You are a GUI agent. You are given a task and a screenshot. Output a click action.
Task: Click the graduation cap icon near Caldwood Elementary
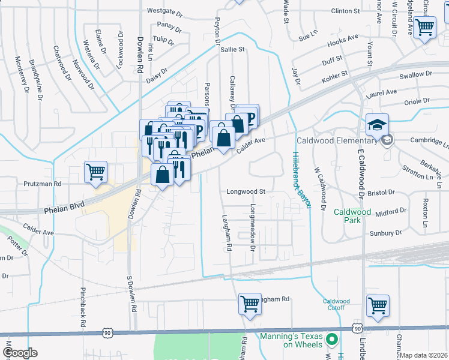click(377, 124)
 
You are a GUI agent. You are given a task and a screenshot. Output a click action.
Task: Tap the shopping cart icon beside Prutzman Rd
click(96, 172)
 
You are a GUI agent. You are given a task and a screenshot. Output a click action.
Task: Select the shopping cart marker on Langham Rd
click(250, 304)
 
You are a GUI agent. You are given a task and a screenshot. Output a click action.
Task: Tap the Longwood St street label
click(246, 192)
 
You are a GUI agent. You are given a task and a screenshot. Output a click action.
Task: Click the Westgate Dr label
click(164, 11)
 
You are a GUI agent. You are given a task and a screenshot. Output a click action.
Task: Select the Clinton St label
click(345, 11)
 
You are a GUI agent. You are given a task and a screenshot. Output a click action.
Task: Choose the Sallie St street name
click(233, 50)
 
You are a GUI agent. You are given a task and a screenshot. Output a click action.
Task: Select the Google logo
click(19, 353)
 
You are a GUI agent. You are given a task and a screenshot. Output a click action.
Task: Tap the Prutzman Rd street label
click(42, 184)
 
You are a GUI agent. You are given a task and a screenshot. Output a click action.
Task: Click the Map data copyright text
click(423, 355)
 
